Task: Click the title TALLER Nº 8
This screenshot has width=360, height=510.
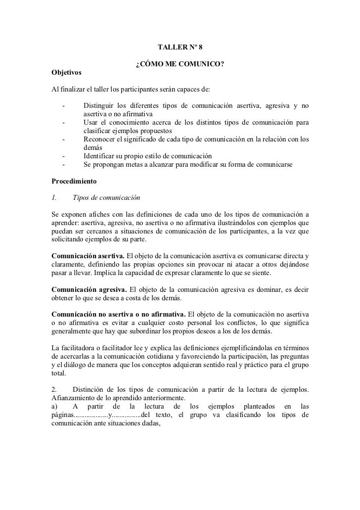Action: (180, 47)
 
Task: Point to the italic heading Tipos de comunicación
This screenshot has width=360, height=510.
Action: (106, 198)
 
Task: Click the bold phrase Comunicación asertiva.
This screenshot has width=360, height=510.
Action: (88, 256)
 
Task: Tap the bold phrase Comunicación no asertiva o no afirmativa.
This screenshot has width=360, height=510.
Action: (119, 314)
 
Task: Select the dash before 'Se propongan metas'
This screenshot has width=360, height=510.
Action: (64, 164)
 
